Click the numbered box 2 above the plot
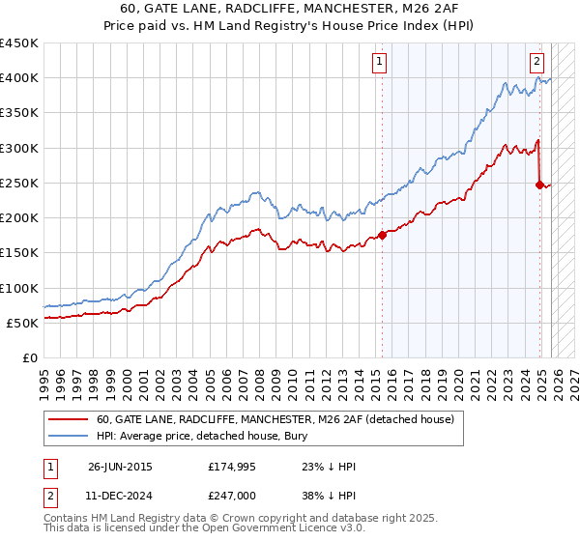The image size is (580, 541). click(x=536, y=62)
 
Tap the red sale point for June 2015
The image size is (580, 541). click(x=382, y=235)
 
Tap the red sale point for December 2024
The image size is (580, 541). click(x=539, y=185)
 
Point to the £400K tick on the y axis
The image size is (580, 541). click(x=19, y=78)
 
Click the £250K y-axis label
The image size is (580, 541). click(x=19, y=183)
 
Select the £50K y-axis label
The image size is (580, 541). click(x=23, y=323)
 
